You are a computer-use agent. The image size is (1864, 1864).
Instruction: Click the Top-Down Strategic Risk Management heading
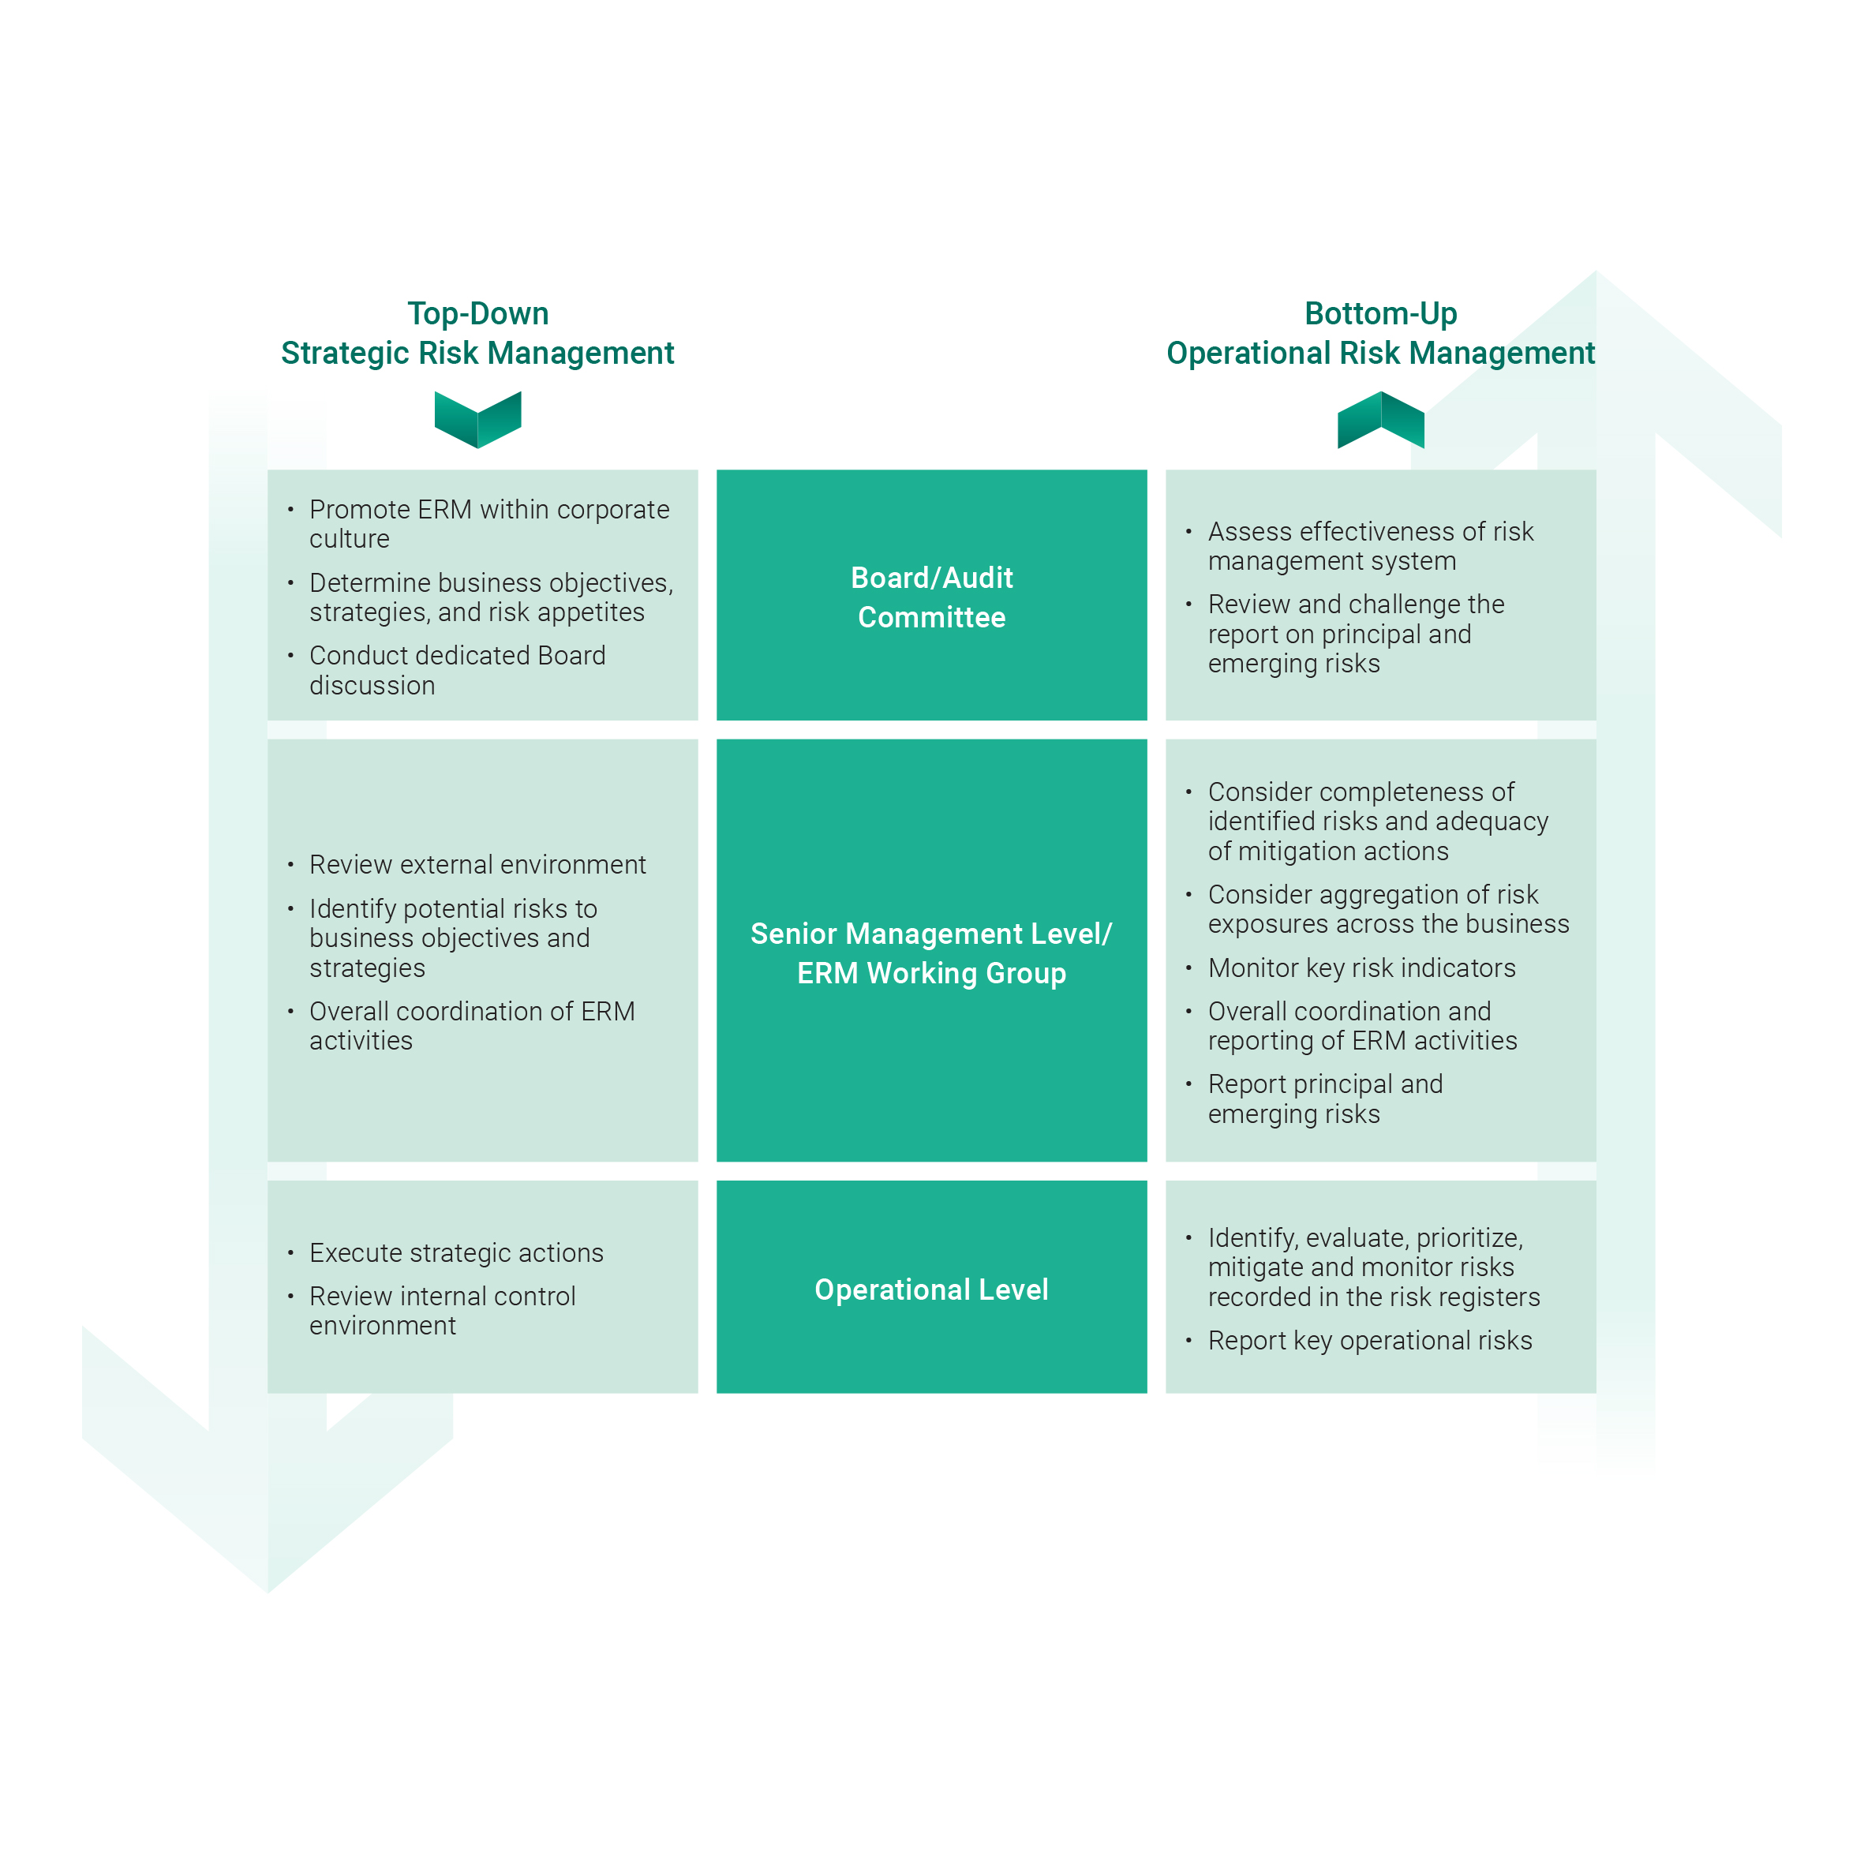pyautogui.click(x=477, y=333)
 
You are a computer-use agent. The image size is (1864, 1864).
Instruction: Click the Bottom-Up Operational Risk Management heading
pyautogui.click(x=1379, y=333)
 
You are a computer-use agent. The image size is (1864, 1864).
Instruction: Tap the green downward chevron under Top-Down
pyautogui.click(x=477, y=420)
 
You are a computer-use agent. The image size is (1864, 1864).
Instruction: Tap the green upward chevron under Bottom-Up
pyautogui.click(x=1379, y=420)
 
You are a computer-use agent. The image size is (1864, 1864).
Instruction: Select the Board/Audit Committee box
pyautogui.click(x=931, y=595)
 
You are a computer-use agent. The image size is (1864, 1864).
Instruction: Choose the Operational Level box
pyautogui.click(x=931, y=1289)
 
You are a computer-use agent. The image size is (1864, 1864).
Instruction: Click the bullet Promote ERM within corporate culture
pyautogui.click(x=488, y=524)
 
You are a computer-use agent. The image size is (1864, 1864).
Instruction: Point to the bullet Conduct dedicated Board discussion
pyautogui.click(x=457, y=669)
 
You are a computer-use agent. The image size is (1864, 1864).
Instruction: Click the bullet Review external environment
pyautogui.click(x=477, y=864)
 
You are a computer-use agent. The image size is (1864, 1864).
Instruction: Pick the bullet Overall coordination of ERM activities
pyautogui.click(x=471, y=1026)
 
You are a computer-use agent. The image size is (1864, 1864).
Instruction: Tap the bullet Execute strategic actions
pyautogui.click(x=455, y=1252)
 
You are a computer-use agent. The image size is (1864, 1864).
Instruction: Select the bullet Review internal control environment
pyautogui.click(x=442, y=1310)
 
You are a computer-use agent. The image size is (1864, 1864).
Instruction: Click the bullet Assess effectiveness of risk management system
pyautogui.click(x=1370, y=546)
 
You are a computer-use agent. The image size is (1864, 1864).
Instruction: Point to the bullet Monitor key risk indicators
pyautogui.click(x=1361, y=968)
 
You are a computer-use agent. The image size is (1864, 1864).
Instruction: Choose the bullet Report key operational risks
pyautogui.click(x=1369, y=1340)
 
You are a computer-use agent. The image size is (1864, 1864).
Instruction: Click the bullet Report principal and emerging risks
pyautogui.click(x=1325, y=1099)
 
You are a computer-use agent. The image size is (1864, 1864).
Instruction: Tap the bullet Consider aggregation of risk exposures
pyautogui.click(x=1387, y=909)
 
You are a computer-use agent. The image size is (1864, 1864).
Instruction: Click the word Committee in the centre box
pyautogui.click(x=931, y=617)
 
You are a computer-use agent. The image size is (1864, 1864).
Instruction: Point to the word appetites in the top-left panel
pyautogui.click(x=590, y=612)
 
